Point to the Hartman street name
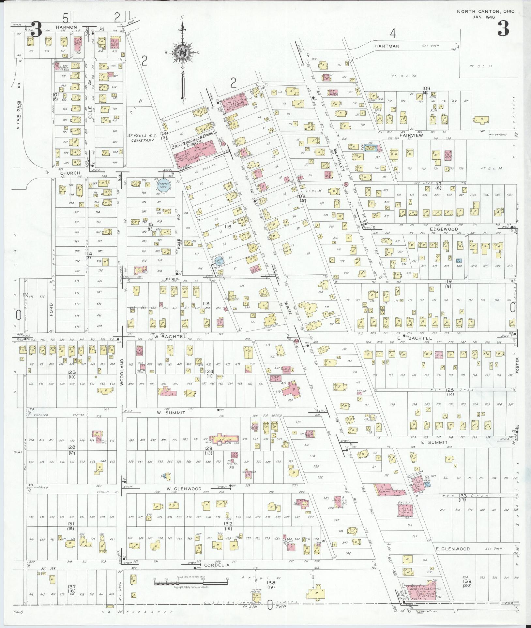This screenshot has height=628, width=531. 387,46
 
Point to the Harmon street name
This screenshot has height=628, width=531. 66,27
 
